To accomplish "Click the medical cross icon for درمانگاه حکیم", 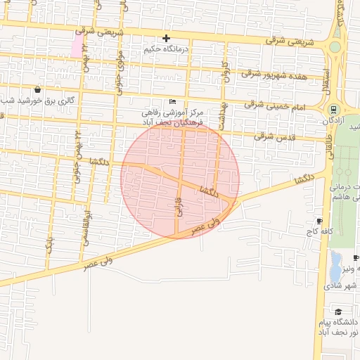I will tap(166, 38).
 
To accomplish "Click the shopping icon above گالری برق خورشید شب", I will tap(37, 90).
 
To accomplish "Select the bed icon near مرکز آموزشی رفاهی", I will tap(173, 101).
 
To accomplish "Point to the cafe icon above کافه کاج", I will tap(320, 220).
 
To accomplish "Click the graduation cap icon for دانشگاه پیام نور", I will tap(338, 311).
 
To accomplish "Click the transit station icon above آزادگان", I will tap(333, 110).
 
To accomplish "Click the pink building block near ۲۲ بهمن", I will tap(76, 46).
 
